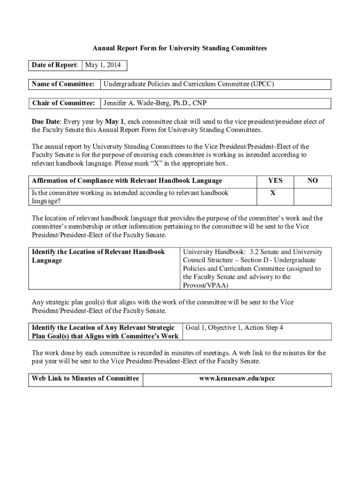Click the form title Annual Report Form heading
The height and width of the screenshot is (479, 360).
click(x=180, y=48)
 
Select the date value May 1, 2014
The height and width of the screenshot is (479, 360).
click(x=103, y=65)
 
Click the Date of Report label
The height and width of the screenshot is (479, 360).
click(x=55, y=65)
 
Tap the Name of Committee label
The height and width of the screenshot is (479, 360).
click(x=63, y=84)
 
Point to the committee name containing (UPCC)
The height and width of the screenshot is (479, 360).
click(x=188, y=84)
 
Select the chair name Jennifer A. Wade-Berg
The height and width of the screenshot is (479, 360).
click(x=155, y=103)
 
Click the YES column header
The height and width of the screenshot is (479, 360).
click(x=275, y=181)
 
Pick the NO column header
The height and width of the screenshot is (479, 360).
click(x=312, y=181)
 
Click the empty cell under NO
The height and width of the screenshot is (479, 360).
click(x=312, y=196)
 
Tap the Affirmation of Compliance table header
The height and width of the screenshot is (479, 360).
click(x=127, y=181)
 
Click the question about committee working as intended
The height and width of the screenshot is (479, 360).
click(x=130, y=196)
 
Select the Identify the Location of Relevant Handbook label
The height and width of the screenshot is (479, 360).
click(x=98, y=256)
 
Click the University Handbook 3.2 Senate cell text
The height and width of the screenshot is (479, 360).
click(x=252, y=269)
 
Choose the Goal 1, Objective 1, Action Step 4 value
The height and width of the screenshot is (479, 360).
click(x=234, y=327)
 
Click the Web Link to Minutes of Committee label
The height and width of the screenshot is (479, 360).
click(x=85, y=378)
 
